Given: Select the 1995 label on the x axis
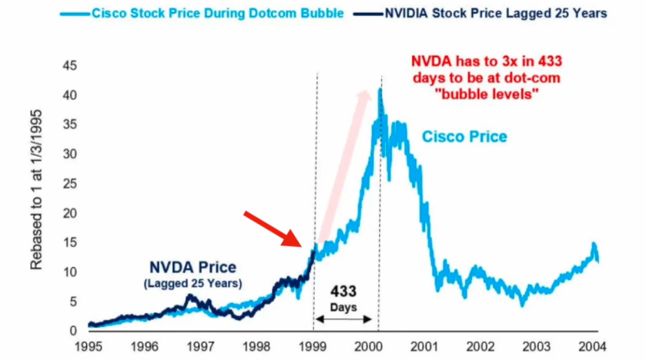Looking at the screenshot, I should coord(90,346).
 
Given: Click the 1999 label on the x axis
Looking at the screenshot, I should coord(315,346).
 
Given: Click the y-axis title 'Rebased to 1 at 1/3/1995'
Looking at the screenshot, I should coord(37,197).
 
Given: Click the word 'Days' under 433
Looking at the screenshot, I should coord(347,308).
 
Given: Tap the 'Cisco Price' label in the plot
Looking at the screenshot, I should coord(464,137).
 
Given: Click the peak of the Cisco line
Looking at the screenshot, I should coord(380,89).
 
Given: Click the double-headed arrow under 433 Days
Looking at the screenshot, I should coord(347,320).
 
